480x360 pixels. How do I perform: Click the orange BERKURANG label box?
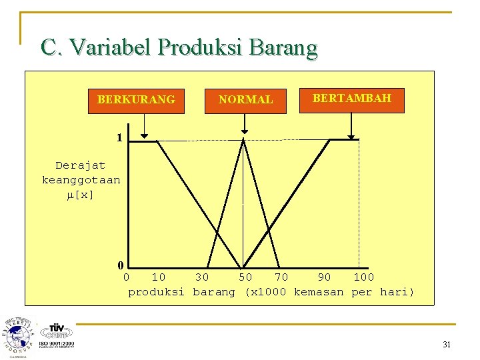(136, 100)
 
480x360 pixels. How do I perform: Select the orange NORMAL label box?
(246, 100)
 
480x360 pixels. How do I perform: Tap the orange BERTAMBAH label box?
(352, 99)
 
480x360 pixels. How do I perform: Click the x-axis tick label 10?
(159, 277)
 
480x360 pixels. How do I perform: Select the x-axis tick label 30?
(202, 277)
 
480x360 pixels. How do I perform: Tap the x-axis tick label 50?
(245, 277)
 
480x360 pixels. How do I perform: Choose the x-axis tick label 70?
(281, 277)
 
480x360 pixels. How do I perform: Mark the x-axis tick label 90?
(324, 277)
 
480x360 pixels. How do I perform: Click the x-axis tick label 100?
(364, 277)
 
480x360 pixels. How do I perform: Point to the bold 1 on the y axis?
(119, 139)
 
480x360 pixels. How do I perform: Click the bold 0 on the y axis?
(121, 265)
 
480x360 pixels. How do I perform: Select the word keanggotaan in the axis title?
(81, 180)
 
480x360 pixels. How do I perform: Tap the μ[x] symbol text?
(81, 195)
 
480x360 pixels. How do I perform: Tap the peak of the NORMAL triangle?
(243, 140)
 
